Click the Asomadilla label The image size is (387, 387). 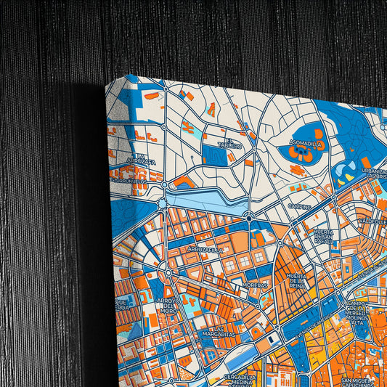306,144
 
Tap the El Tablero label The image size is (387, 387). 234,143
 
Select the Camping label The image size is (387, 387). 299,206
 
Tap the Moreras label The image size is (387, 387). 256,285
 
